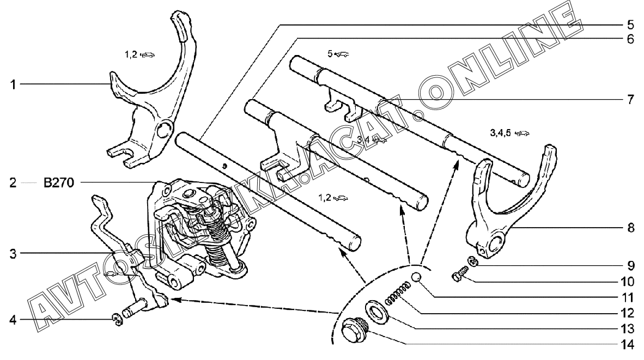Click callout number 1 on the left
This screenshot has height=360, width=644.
(x=13, y=85)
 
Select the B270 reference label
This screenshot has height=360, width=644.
(x=59, y=182)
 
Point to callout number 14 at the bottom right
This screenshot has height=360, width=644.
(x=627, y=345)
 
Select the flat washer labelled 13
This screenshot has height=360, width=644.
(x=376, y=311)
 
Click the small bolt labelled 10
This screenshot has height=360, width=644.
(x=460, y=274)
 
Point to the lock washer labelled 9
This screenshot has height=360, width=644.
(x=473, y=261)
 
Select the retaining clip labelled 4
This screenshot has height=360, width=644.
(x=117, y=320)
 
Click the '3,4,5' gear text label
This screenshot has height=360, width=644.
(x=500, y=133)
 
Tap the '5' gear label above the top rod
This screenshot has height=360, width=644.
(x=330, y=54)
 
